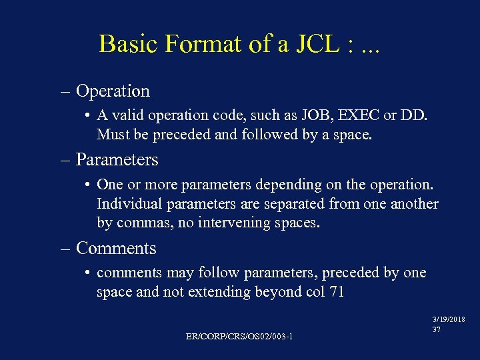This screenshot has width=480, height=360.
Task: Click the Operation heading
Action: point(113,91)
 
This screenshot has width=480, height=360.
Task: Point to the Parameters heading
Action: point(117,160)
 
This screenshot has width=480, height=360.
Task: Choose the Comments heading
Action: point(116,249)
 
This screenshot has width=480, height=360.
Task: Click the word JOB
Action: point(310,115)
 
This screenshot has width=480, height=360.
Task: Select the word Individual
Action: point(128,204)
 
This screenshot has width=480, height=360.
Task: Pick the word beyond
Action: point(278,292)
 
